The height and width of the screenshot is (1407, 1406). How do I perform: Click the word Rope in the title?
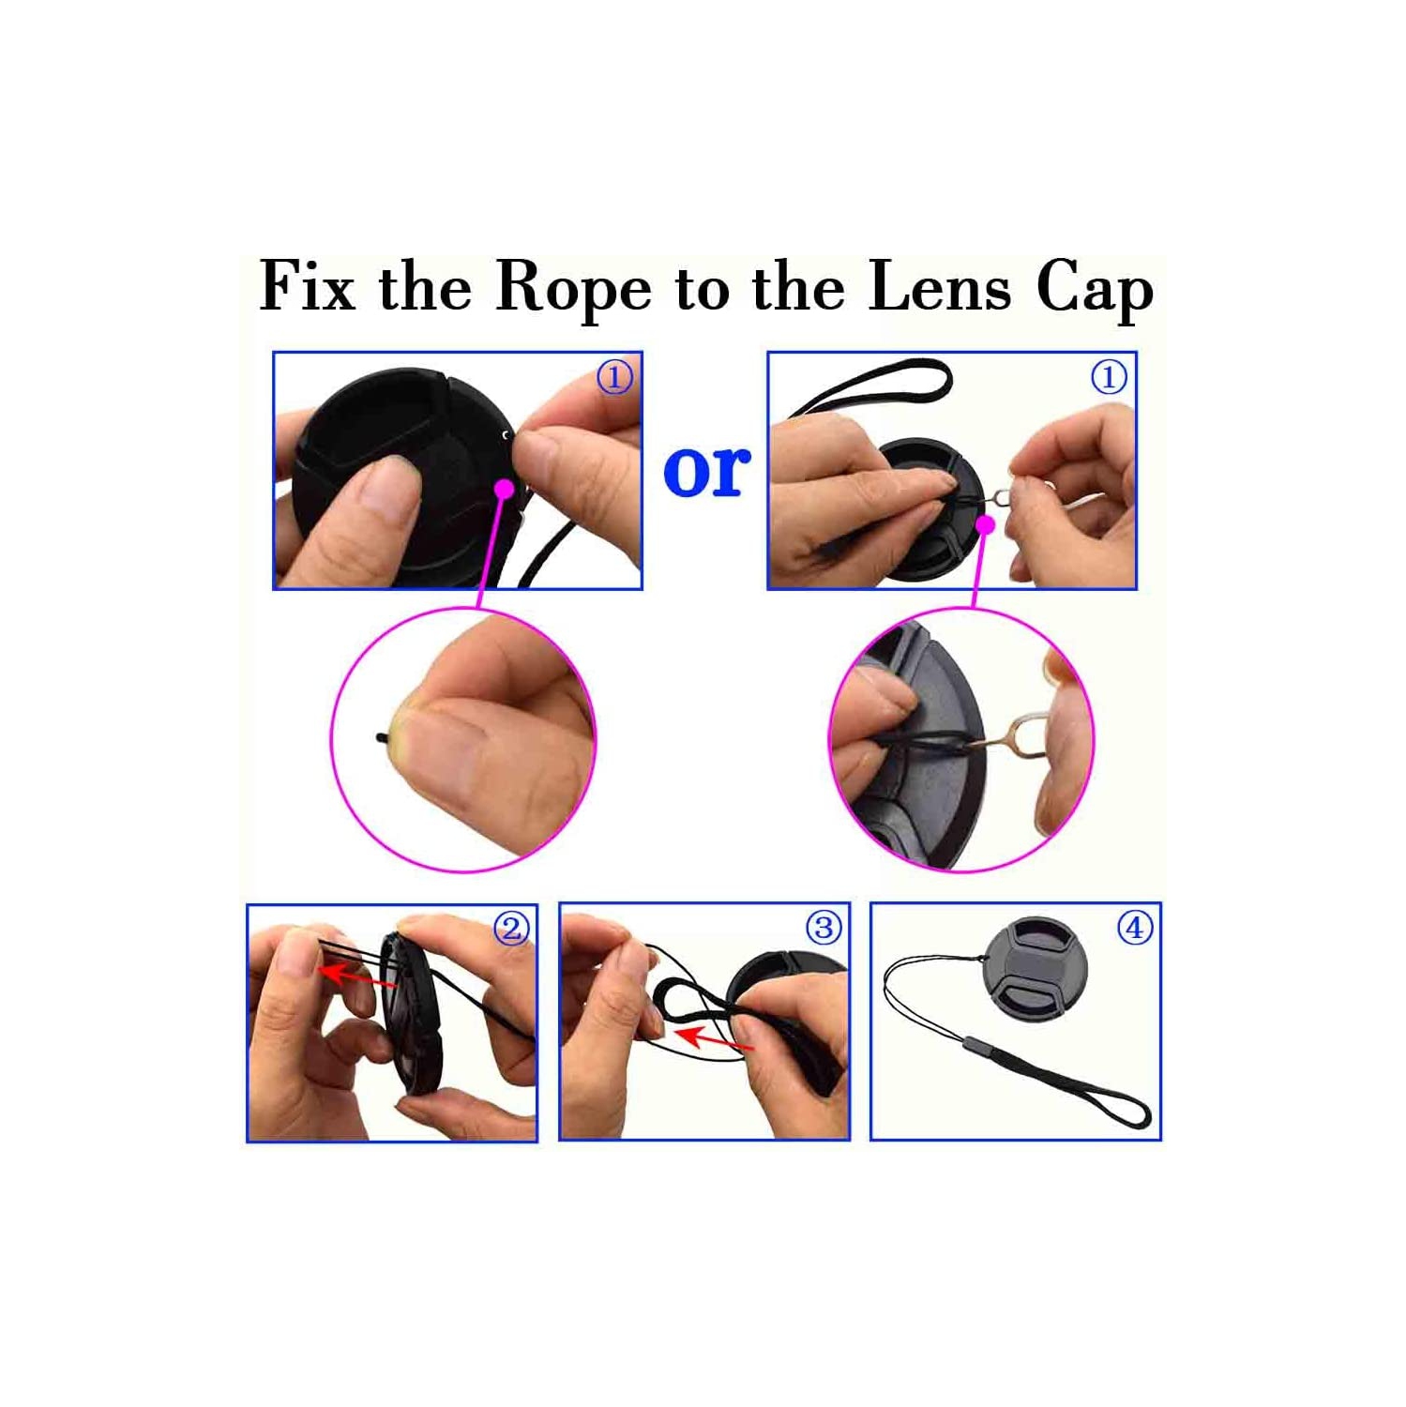[x=572, y=288]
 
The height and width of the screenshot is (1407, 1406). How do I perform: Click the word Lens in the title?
[x=939, y=286]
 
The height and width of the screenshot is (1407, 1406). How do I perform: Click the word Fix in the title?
[x=307, y=286]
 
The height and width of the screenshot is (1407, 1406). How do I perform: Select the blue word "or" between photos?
[x=706, y=470]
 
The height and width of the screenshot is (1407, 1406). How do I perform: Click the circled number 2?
[x=511, y=929]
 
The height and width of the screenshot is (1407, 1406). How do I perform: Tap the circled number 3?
[x=824, y=928]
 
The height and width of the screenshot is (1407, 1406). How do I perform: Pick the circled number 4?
[x=1135, y=928]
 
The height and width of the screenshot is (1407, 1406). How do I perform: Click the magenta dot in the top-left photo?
[x=505, y=489]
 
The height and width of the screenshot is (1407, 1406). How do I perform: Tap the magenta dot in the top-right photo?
[x=985, y=524]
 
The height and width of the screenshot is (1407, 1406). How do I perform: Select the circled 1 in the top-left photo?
[x=614, y=378]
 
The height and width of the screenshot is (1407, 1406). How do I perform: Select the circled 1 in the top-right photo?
[x=1109, y=378]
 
